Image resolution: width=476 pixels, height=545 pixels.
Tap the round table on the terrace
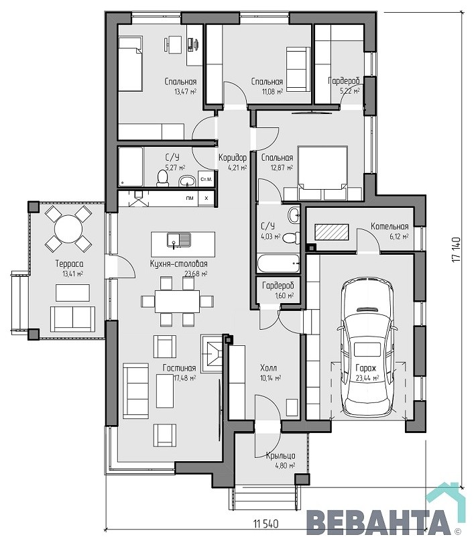click(68, 229)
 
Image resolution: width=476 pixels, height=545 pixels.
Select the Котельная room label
click(390, 227)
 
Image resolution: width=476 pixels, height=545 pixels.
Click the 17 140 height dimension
click(456, 249)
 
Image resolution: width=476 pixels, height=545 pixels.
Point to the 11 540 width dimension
click(266, 524)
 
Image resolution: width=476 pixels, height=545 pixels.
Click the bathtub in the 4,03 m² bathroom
click(278, 263)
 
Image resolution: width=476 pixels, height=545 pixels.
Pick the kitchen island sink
click(179, 240)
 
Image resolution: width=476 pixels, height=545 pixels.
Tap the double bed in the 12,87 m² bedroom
click(323, 173)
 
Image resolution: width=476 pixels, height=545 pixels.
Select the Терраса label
click(69, 264)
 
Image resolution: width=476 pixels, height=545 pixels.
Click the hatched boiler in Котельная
click(331, 232)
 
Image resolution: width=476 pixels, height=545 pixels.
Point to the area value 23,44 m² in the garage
click(367, 378)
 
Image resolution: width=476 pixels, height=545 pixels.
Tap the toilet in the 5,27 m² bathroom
click(162, 178)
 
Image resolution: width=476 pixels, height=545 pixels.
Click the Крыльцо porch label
click(281, 456)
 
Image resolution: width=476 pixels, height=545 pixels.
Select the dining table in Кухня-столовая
click(177, 302)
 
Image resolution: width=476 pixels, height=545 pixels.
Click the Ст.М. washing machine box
click(206, 180)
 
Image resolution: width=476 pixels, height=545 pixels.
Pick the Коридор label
click(233, 158)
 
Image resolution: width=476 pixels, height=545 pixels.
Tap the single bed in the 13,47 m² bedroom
click(130, 64)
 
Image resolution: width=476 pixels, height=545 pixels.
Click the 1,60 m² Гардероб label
click(278, 286)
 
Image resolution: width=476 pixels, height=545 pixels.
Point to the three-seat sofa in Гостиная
click(135, 391)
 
